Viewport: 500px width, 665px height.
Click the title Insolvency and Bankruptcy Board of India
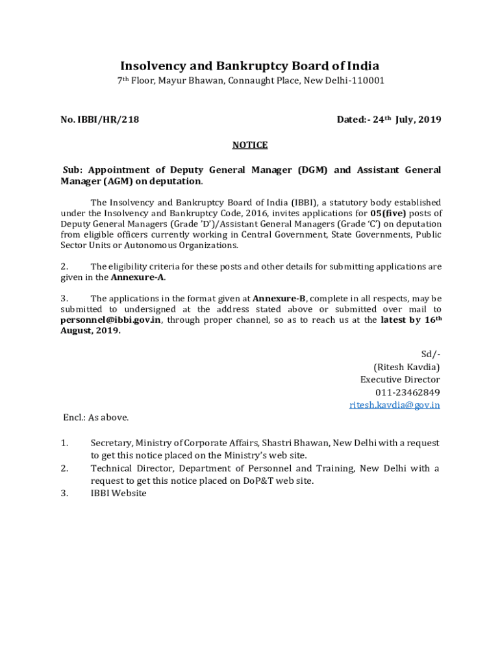[249, 66]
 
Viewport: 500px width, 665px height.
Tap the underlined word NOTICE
[250, 145]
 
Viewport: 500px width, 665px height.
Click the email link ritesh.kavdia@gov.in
[395, 405]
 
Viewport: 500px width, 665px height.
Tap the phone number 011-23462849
[408, 392]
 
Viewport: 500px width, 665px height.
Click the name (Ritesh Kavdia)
[406, 367]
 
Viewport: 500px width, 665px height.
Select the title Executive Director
[400, 379]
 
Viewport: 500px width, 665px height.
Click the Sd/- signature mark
[431, 354]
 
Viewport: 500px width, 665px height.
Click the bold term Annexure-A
[137, 277]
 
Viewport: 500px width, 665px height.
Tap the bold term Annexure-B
[279, 298]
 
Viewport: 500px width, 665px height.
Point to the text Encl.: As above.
[96, 417]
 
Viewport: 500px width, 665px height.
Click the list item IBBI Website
[119, 493]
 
